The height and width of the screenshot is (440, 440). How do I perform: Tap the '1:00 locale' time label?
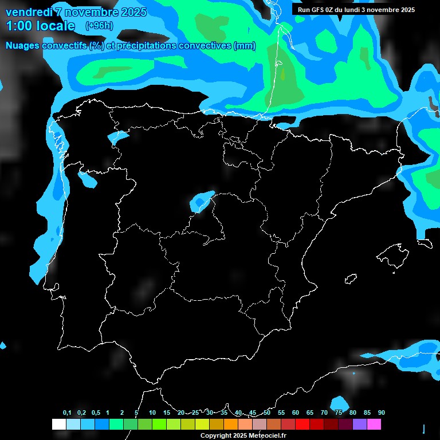[40, 26]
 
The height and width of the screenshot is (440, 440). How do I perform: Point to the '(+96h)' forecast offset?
[99, 26]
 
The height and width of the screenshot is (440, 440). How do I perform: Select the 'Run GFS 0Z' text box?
[356, 10]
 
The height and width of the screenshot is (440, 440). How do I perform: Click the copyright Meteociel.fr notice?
[243, 435]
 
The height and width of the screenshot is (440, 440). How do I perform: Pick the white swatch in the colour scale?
[58, 425]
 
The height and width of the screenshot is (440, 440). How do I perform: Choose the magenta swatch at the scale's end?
[374, 425]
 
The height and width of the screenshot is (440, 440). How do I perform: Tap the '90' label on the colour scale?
[382, 413]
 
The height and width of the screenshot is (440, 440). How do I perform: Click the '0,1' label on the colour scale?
[67, 413]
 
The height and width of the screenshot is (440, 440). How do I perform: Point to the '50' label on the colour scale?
[267, 413]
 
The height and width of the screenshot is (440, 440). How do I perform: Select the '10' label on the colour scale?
[152, 413]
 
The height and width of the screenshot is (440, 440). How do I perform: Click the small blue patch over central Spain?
[202, 201]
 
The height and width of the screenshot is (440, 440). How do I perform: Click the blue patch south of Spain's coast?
[340, 403]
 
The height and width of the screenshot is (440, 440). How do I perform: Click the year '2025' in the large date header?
[131, 12]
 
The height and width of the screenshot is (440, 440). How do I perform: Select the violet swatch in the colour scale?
[360, 425]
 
